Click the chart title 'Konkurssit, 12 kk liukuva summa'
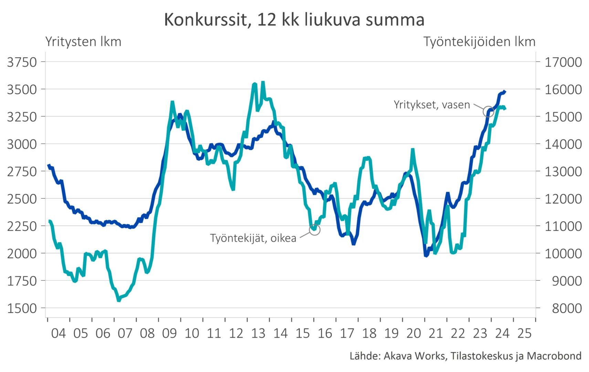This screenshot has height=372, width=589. pyautogui.click(x=294, y=20)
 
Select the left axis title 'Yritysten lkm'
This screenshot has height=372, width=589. pyautogui.click(x=83, y=42)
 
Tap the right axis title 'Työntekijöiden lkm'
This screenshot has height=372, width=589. pyautogui.click(x=479, y=42)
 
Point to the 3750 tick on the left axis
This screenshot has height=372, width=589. pyautogui.click(x=22, y=62)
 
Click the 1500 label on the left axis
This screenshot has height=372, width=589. pyautogui.click(x=22, y=308)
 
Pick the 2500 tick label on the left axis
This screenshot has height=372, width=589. pyautogui.click(x=22, y=199)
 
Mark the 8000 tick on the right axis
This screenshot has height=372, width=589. pyautogui.click(x=567, y=308)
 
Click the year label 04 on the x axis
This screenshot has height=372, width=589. pyautogui.click(x=58, y=333)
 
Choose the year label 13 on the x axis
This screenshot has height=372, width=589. pyautogui.click(x=258, y=333)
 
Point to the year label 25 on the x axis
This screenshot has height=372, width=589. pyautogui.click(x=524, y=333)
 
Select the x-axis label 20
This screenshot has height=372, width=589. pyautogui.click(x=413, y=333)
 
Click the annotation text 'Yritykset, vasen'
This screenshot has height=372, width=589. pyautogui.click(x=432, y=105)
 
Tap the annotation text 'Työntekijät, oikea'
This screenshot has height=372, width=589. pyautogui.click(x=253, y=238)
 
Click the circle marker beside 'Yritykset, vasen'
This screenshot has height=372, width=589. pyautogui.click(x=488, y=111)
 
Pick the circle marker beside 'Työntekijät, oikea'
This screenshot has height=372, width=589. pyautogui.click(x=315, y=229)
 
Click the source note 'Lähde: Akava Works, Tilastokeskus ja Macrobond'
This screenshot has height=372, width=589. pyautogui.click(x=465, y=356)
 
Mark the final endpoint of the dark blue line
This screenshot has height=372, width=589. pyautogui.click(x=505, y=92)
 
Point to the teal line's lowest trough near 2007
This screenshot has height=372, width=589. pyautogui.click(x=119, y=300)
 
